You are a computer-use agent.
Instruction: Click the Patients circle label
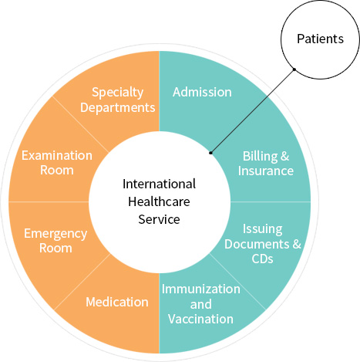tap(320, 39)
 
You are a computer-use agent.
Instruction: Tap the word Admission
tap(202, 92)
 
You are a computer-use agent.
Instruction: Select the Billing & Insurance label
tap(266, 164)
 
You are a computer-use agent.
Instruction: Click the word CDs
tap(262, 259)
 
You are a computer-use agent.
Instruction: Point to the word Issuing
tap(263, 229)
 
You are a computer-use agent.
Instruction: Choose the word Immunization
tap(201, 289)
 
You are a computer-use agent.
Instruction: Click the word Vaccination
tap(201, 319)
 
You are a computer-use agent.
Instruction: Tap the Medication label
tap(117, 302)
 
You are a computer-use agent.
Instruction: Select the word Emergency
tap(56, 234)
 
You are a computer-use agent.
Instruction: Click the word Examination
tap(57, 155)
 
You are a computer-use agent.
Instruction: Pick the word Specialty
tap(118, 93)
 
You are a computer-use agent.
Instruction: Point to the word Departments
tap(118, 107)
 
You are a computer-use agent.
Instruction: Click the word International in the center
tap(159, 184)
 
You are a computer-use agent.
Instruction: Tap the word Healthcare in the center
tap(159, 201)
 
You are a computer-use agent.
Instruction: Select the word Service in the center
tap(159, 219)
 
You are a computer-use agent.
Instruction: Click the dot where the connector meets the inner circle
tap(210, 153)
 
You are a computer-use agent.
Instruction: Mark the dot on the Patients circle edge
tap(294, 69)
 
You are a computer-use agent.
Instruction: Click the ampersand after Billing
tap(285, 156)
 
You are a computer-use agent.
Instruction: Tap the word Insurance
tap(266, 171)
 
